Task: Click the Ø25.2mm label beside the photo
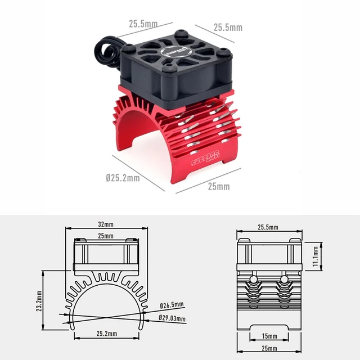[123, 178]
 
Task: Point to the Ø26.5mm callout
[172, 305]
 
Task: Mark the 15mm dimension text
[269, 336]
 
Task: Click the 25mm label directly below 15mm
[269, 349]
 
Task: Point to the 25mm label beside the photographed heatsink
[219, 186]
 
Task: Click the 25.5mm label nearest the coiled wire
[142, 24]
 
